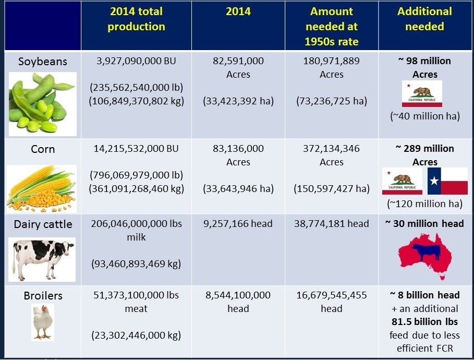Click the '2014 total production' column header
pyautogui.click(x=136, y=19)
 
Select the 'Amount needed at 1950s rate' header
pyautogui.click(x=332, y=26)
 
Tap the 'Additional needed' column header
pyautogui.click(x=424, y=19)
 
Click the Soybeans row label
pyautogui.click(x=43, y=61)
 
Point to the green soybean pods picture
pyautogui.click(x=42, y=102)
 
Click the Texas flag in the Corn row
pyautogui.click(x=447, y=181)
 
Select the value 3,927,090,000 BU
pyautogui.click(x=137, y=61)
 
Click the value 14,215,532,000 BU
pyautogui.click(x=137, y=149)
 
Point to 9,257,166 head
pyautogui.click(x=238, y=224)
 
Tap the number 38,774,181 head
pyautogui.click(x=332, y=224)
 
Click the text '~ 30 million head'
pyautogui.click(x=424, y=224)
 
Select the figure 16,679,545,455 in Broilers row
pyautogui.click(x=332, y=295)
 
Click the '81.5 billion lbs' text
pyautogui.click(x=425, y=321)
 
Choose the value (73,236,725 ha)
pyautogui.click(x=332, y=101)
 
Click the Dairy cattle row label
pyautogui.click(x=43, y=224)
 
